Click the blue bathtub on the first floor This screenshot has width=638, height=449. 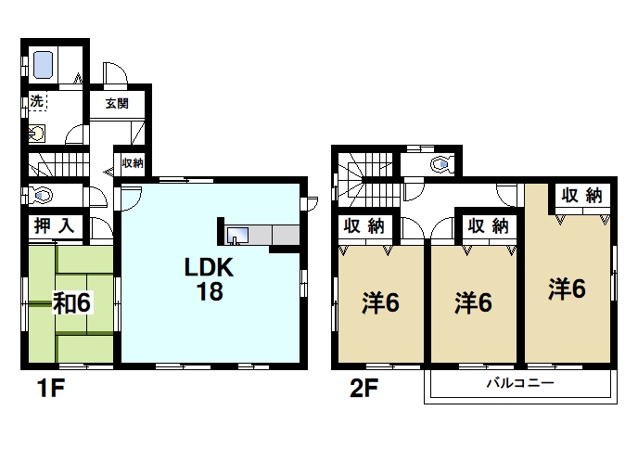click(x=45, y=64)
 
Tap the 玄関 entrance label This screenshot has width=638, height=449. click(x=117, y=104)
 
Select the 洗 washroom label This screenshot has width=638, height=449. click(x=35, y=101)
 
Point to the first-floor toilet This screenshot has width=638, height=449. click(x=42, y=196)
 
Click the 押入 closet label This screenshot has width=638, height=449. click(x=55, y=224)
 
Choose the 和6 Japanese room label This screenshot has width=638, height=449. click(x=70, y=303)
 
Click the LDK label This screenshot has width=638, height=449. click(x=212, y=268)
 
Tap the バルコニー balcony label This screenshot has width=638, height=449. click(x=519, y=382)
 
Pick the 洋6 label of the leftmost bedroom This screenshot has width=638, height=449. click(x=379, y=301)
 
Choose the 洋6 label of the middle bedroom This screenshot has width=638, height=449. click(x=472, y=301)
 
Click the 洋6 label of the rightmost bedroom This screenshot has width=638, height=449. click(x=566, y=289)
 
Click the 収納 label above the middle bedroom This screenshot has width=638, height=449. click(x=488, y=224)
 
